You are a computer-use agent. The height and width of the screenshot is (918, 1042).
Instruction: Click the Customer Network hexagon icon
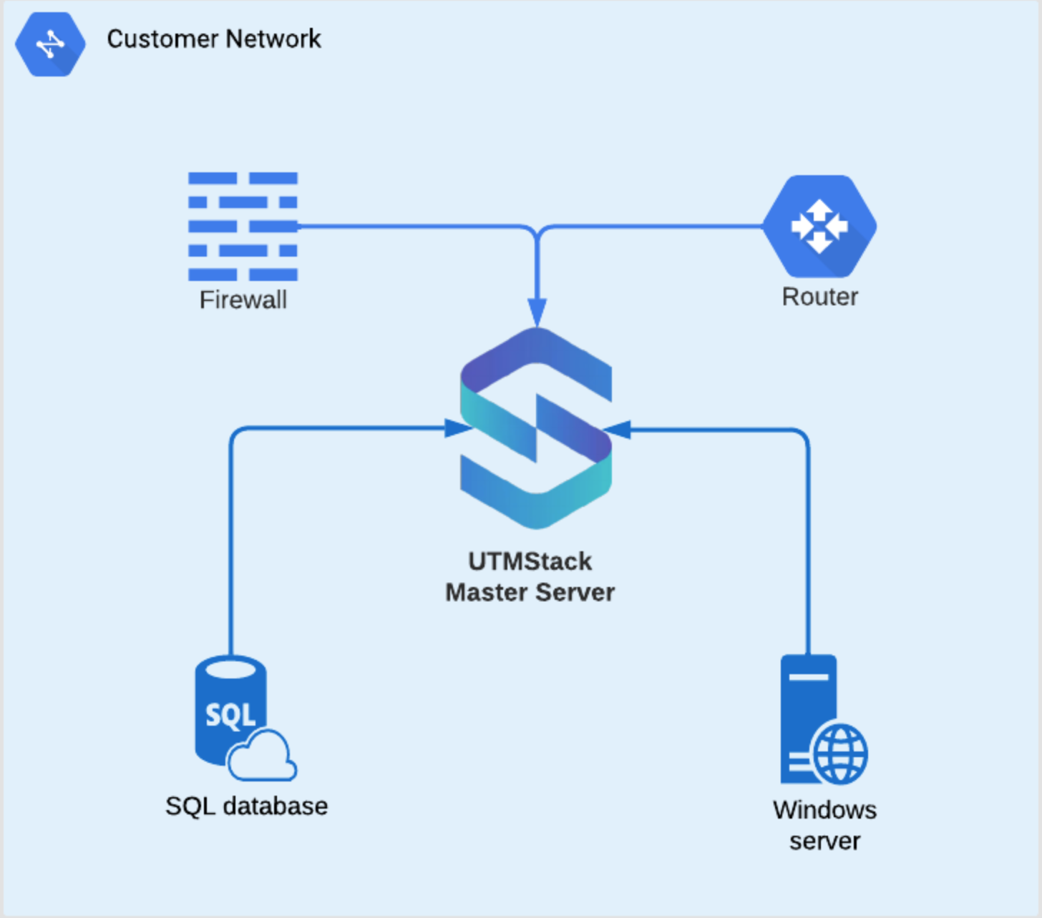coord(50,44)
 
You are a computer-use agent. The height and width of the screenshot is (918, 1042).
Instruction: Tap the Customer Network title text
coord(213,39)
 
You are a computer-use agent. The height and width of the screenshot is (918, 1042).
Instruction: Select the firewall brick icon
coord(243,226)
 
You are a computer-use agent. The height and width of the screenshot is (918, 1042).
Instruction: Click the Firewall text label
coord(243,300)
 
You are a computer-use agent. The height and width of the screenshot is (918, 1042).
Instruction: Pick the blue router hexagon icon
coord(819,226)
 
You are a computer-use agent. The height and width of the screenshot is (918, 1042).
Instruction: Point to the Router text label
coord(819,296)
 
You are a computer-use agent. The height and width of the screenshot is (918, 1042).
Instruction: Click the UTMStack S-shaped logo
coord(536,429)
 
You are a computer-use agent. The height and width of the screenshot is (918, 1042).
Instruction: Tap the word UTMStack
coord(530,561)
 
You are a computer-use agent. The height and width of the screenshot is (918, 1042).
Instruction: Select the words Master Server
coord(530,592)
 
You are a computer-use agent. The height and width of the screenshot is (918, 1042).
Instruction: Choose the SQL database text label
coord(246,806)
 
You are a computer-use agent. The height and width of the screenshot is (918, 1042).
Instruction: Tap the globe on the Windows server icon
coord(840,754)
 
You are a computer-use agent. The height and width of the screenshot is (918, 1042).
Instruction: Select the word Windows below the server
coord(824,810)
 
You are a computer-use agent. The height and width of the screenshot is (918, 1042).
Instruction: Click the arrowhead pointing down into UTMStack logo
coord(537,312)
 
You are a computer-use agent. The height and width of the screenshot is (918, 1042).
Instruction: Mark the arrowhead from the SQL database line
coord(458,428)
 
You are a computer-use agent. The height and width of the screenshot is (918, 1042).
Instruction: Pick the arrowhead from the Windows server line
coord(617,430)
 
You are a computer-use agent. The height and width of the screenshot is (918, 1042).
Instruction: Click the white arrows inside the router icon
coord(819,226)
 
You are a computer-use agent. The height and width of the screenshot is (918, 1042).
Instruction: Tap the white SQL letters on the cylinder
coord(230,714)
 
